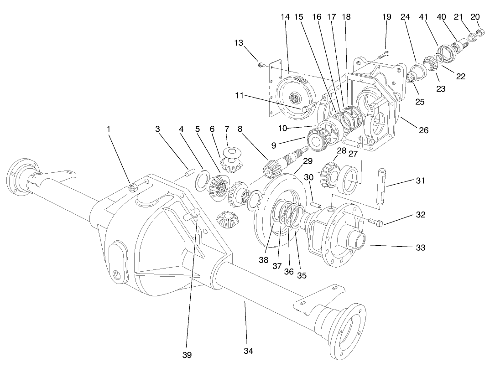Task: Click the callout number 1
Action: point(109,129)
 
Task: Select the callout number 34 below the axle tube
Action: point(248,351)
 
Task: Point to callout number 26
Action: point(423,130)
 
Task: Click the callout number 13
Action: point(239,42)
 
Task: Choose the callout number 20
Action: point(475,17)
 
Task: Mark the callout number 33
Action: point(420,248)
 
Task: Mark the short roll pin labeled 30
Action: point(315,204)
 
